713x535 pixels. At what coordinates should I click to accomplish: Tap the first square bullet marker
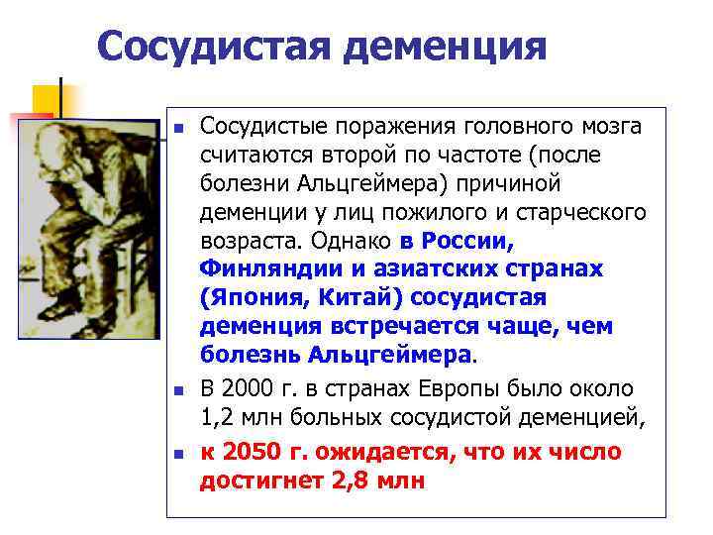pos(178,128)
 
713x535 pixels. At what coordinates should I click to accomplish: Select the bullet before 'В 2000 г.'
pos(178,391)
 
